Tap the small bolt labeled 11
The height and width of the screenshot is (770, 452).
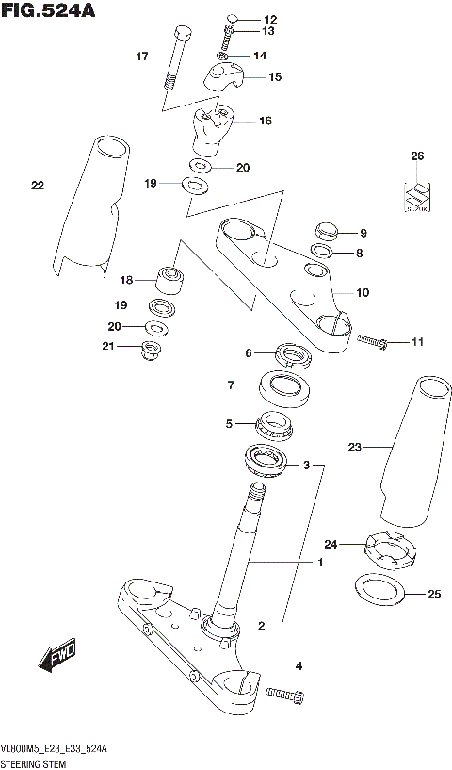coord(369,341)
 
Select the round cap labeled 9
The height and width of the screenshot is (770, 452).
coord(326,231)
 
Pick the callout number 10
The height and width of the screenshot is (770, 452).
coord(363,292)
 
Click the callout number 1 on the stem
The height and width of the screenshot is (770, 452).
coord(319,563)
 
